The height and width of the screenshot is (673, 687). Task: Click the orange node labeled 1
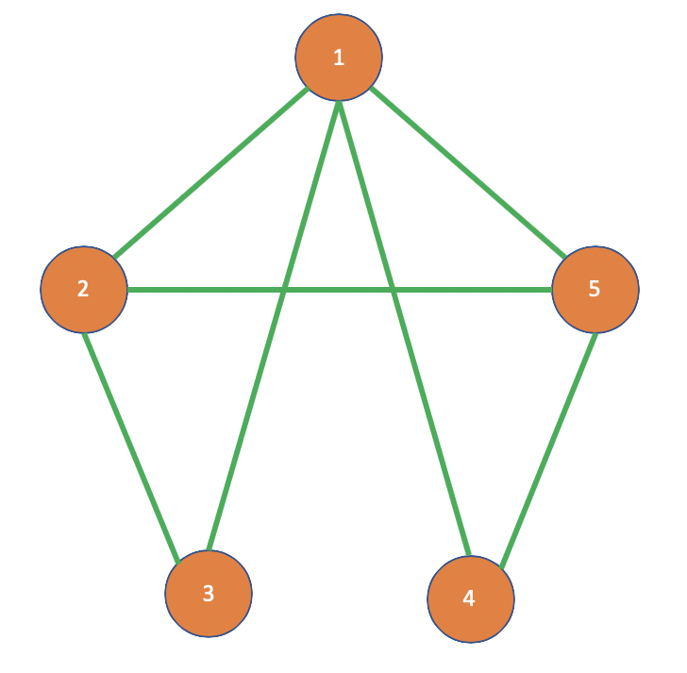(x=339, y=58)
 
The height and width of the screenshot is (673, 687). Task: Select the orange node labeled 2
(x=83, y=289)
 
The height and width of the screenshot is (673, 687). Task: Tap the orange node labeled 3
(x=209, y=594)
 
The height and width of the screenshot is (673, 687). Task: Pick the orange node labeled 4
(x=470, y=599)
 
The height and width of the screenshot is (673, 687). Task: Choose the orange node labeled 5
(x=595, y=289)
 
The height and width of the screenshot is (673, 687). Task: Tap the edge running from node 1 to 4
(x=429, y=415)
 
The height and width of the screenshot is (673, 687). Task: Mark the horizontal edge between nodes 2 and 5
(x=189, y=289)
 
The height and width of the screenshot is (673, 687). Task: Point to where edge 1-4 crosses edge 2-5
(x=395, y=289)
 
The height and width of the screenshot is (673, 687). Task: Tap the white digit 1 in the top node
(x=339, y=58)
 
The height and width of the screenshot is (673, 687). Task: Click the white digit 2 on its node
(x=83, y=289)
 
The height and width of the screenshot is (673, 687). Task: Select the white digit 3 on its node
(x=209, y=594)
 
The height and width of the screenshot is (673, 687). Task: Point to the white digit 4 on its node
(x=470, y=599)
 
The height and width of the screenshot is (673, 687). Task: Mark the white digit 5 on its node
(x=595, y=289)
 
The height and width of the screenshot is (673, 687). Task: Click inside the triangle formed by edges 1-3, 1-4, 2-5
(x=338, y=227)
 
